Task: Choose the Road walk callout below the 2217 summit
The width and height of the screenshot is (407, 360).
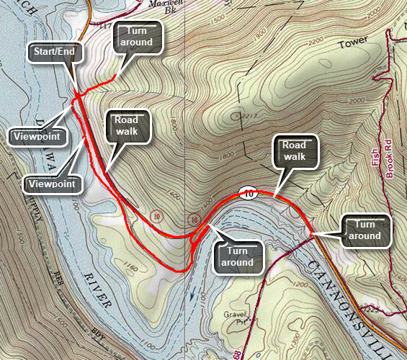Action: (294, 150)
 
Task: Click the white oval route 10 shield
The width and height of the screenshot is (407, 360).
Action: (248, 193)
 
